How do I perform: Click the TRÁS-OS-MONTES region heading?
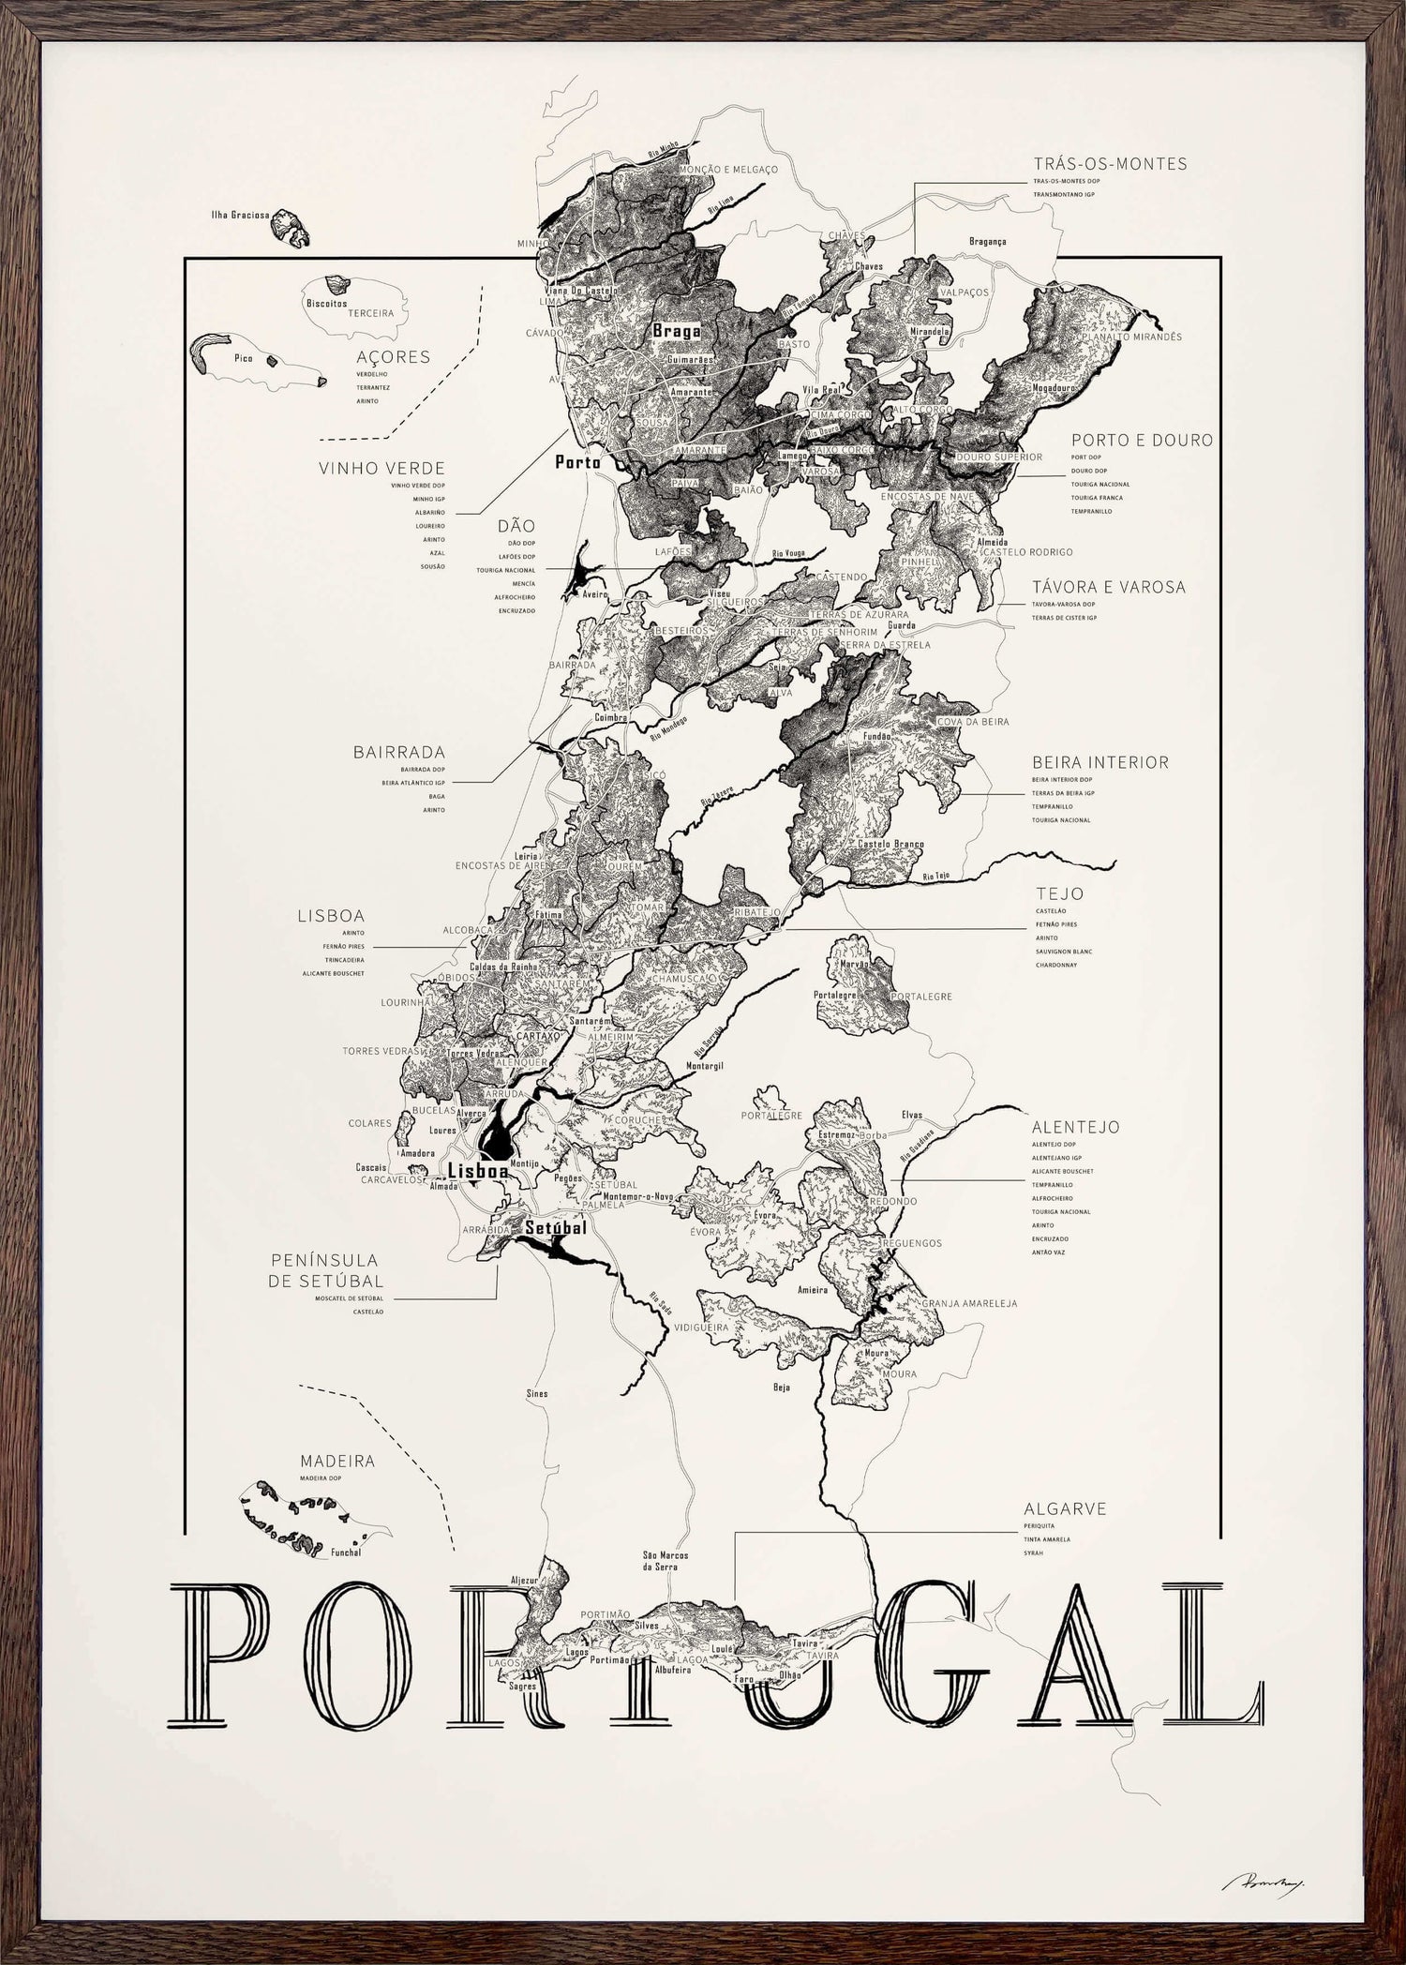click(x=1110, y=164)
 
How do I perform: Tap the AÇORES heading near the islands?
click(x=393, y=357)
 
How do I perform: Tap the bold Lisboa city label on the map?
click(x=478, y=1171)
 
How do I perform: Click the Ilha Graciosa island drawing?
click(x=292, y=228)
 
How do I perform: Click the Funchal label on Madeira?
click(x=344, y=1552)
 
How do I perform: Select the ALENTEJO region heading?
click(x=1075, y=1128)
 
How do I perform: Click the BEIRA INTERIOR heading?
click(x=1100, y=762)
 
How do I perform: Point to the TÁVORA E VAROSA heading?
click(x=1109, y=587)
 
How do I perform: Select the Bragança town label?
click(x=987, y=241)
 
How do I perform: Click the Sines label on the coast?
click(x=536, y=1394)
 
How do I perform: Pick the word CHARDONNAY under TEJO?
click(x=1057, y=965)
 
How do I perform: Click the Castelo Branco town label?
click(x=890, y=844)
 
